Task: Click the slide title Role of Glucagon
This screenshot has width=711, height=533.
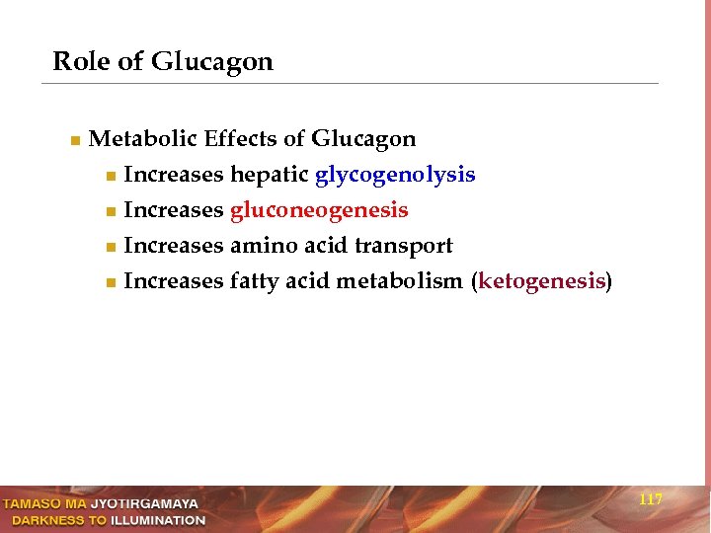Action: pos(162,62)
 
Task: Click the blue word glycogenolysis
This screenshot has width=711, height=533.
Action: pos(395,176)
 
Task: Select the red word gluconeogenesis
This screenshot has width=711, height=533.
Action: pos(319,211)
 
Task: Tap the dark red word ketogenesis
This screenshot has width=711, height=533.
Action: pos(541,282)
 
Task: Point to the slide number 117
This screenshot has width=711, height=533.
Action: pos(651,500)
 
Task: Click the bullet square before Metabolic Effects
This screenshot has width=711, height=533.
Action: pos(74,141)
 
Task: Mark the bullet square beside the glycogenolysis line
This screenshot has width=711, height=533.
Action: pos(110,177)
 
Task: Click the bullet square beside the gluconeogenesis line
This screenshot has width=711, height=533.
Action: pos(110,212)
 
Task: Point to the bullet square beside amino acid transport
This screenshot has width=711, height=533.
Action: pos(110,248)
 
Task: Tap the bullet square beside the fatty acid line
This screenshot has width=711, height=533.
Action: pos(110,283)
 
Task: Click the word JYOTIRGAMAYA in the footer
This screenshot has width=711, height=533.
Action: pos(144,504)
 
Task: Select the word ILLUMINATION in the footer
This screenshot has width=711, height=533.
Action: pos(158,520)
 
